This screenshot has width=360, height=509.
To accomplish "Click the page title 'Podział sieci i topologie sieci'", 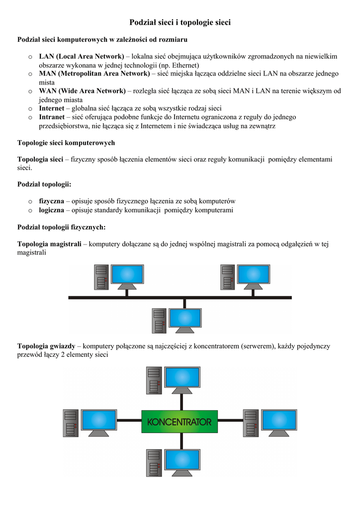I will pyautogui.click(x=180, y=22).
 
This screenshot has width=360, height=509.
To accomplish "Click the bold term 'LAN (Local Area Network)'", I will pyautogui.click(x=82, y=56).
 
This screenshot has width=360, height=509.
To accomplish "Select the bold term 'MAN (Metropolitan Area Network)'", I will pyautogui.click(x=94, y=74).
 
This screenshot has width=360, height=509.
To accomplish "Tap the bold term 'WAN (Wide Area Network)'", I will pyautogui.click(x=82, y=91).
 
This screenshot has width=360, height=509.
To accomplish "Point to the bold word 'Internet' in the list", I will pyautogui.click(x=52, y=108).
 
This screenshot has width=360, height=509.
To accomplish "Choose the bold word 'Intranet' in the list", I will pyautogui.click(x=52, y=117).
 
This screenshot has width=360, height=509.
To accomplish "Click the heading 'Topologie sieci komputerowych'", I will pyautogui.click(x=66, y=143).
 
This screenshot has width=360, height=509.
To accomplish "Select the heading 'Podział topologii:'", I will pyautogui.click(x=44, y=184).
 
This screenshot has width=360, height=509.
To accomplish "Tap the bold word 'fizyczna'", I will pyautogui.click(x=52, y=201).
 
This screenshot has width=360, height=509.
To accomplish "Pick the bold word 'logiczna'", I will pyautogui.click(x=51, y=210).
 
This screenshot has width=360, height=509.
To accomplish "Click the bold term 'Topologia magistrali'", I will pyautogui.click(x=49, y=244).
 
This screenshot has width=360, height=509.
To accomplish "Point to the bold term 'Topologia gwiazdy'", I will pyautogui.click(x=46, y=345).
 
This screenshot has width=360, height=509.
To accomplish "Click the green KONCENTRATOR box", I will pyautogui.click(x=180, y=422).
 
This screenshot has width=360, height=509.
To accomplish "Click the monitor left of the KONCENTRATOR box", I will pyautogui.click(x=99, y=422).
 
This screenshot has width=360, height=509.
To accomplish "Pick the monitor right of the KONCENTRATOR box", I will pyautogui.click(x=279, y=422).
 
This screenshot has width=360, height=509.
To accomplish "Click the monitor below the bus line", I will pyautogui.click(x=184, y=319).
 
